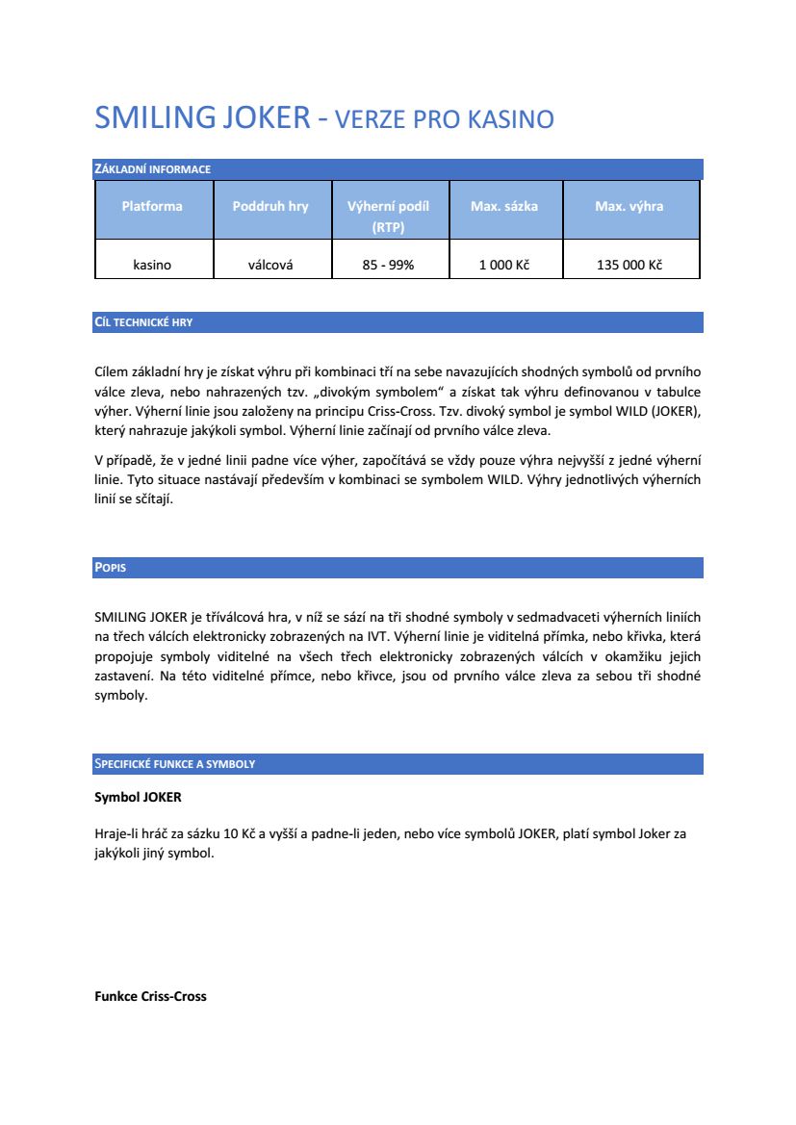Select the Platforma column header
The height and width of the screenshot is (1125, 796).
(x=152, y=206)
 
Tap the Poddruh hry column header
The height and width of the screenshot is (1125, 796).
(x=270, y=206)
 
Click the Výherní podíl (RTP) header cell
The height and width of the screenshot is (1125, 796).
(x=388, y=217)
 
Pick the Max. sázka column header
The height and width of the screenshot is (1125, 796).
(x=504, y=206)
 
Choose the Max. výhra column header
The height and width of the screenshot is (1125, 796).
(x=629, y=206)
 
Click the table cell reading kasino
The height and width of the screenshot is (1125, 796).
(x=152, y=265)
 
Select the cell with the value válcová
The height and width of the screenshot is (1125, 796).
(x=270, y=265)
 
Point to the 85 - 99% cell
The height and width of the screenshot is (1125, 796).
(x=388, y=265)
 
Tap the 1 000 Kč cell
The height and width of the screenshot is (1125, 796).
(x=504, y=265)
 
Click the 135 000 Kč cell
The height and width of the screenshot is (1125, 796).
(x=629, y=265)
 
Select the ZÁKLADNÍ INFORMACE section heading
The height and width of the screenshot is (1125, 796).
(x=152, y=169)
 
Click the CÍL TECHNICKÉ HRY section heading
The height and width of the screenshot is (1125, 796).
(x=143, y=322)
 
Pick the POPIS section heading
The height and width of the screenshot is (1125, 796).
(x=110, y=568)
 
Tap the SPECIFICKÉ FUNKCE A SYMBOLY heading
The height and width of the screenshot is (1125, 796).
(x=174, y=764)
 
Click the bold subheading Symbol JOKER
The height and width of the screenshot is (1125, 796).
(x=138, y=798)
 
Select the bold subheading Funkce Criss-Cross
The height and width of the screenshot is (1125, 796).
(x=150, y=996)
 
